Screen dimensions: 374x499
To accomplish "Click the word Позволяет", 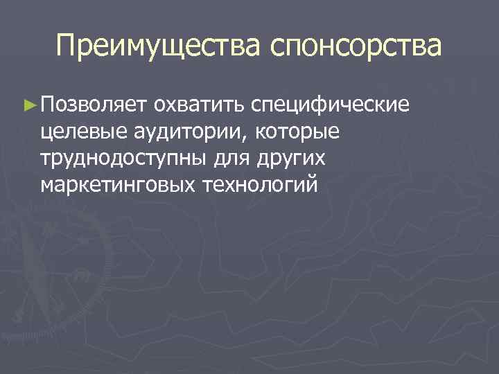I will coord(91,105).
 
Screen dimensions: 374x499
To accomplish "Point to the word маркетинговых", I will coord(121,186).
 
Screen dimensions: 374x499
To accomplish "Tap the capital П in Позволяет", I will coord(47,105).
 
